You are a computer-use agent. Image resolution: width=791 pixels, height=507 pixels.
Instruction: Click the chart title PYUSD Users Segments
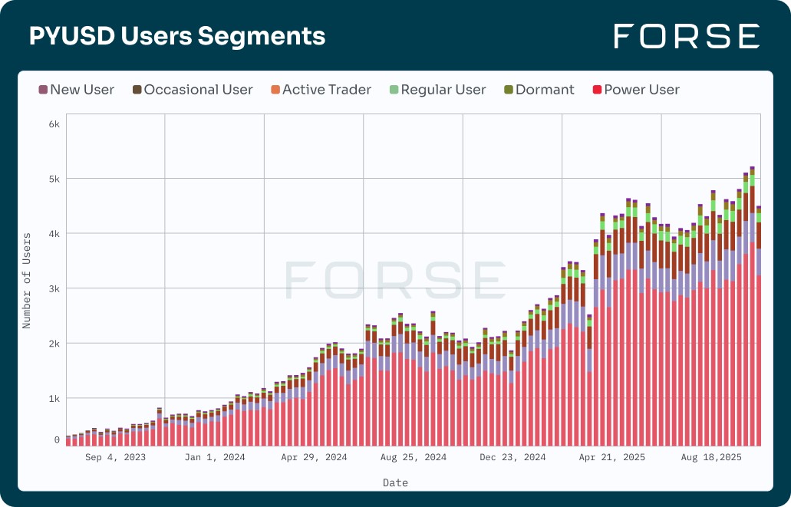pos(177,36)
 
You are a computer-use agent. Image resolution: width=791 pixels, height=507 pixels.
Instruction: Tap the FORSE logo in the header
pos(687,36)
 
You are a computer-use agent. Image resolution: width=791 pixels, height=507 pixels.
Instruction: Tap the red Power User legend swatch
pos(598,90)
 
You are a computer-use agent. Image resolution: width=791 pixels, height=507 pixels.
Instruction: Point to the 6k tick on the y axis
pos(53,123)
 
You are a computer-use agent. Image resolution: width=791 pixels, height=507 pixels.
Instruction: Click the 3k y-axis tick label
pos(53,288)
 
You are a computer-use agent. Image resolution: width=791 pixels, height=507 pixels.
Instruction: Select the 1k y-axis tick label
pos(53,398)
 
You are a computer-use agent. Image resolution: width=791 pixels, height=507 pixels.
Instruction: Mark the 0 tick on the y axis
pos(57,440)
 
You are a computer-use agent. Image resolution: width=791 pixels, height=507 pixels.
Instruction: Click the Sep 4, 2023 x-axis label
pos(115,457)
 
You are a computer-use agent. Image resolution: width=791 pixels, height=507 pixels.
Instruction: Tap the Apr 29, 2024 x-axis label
pos(314,457)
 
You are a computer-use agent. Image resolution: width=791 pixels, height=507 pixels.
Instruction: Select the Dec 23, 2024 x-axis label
pos(513,457)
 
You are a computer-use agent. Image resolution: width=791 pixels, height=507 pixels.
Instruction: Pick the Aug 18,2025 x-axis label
pos(711,457)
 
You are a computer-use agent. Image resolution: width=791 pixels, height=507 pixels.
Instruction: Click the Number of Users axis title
pos(27,281)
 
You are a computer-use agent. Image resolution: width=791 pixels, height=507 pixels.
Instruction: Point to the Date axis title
pos(395,483)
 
